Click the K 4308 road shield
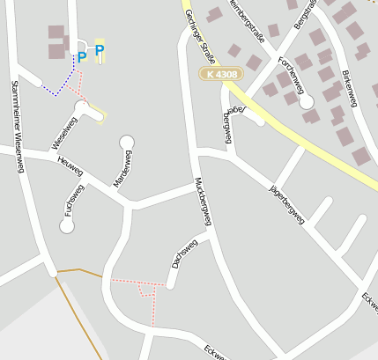click(220, 75)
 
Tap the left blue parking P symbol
click(82, 57)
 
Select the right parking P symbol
click(100, 50)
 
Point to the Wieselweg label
click(65, 133)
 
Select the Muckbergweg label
click(204, 202)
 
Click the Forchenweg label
click(290, 75)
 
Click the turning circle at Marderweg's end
click(127, 142)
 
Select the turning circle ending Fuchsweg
click(67, 226)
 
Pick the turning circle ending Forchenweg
click(307, 102)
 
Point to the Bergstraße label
click(305, 14)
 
